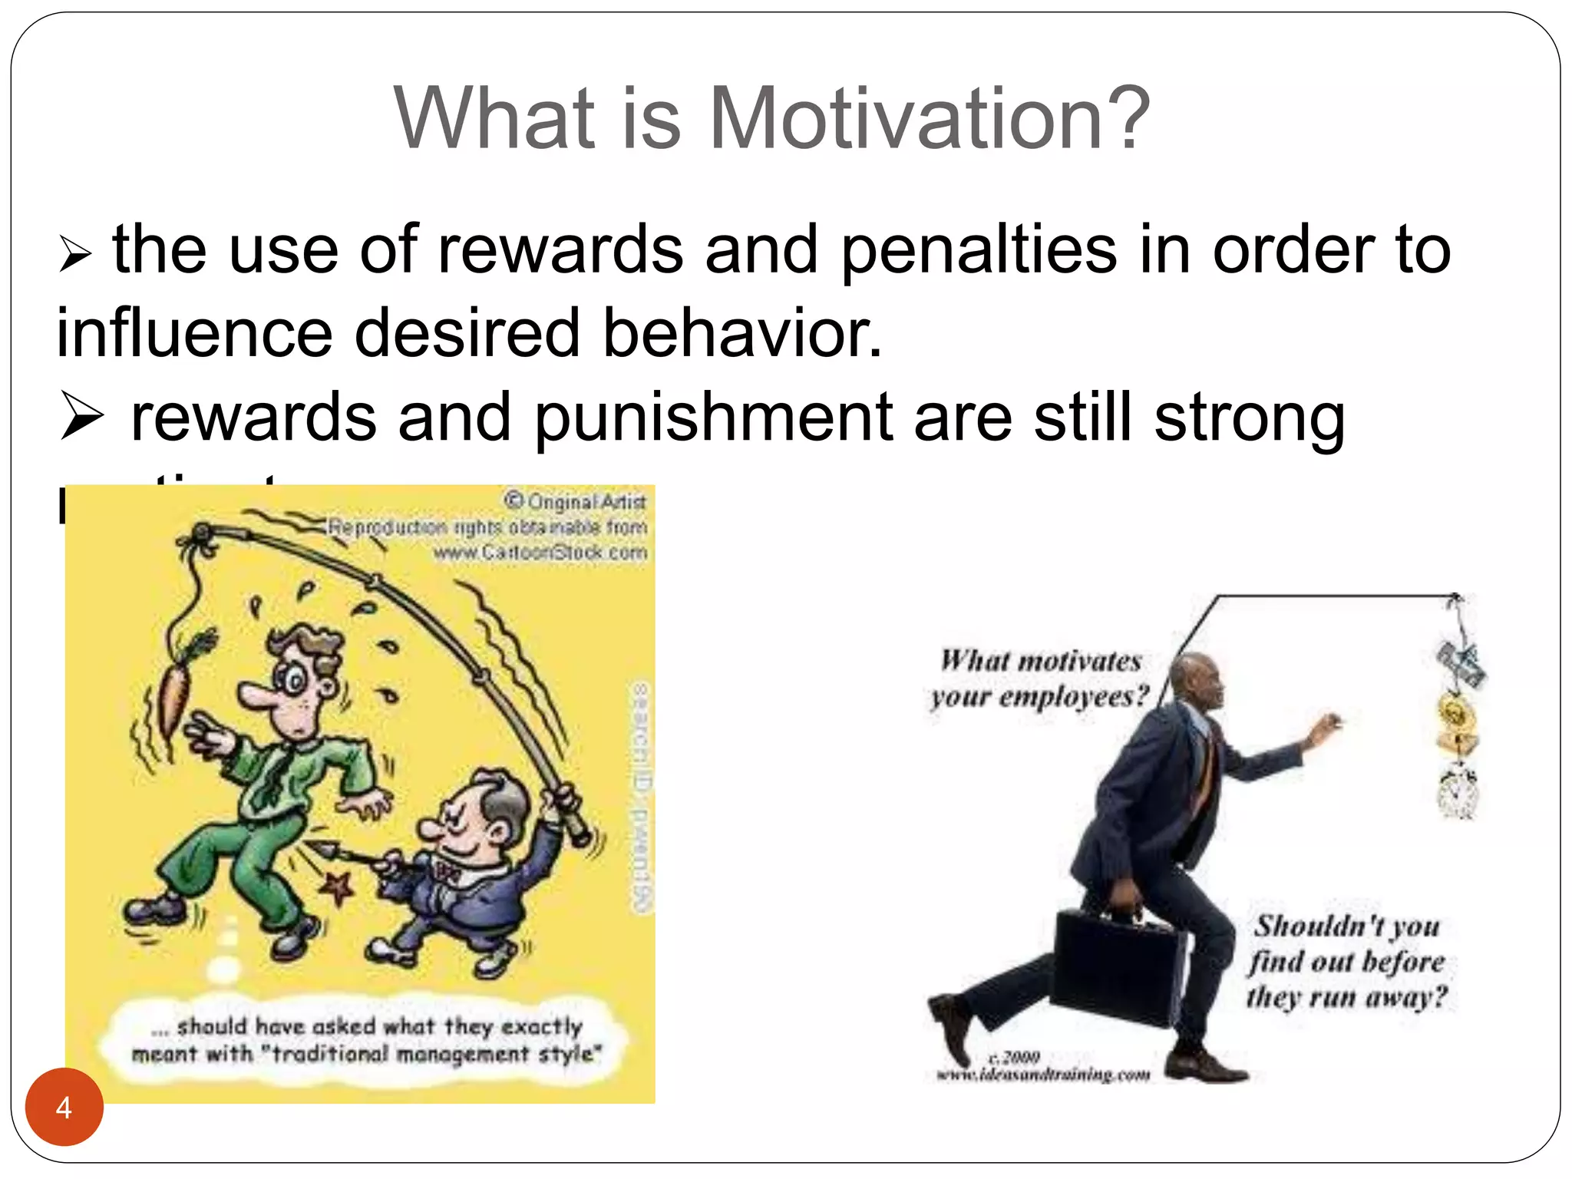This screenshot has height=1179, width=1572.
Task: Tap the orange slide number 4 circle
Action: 64,1107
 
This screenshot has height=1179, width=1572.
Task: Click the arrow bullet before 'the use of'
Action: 75,255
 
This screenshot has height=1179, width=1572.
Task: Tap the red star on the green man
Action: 336,888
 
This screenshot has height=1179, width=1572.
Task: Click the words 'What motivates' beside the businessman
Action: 1041,661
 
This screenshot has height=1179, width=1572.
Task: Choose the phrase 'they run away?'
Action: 1346,997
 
